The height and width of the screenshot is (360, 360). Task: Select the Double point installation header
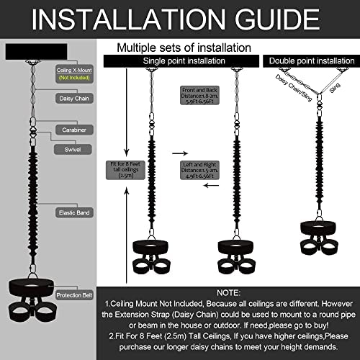(x=310, y=61)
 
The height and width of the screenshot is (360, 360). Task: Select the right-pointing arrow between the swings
(x=177, y=153)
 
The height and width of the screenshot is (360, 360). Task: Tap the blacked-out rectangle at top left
(x=35, y=52)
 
